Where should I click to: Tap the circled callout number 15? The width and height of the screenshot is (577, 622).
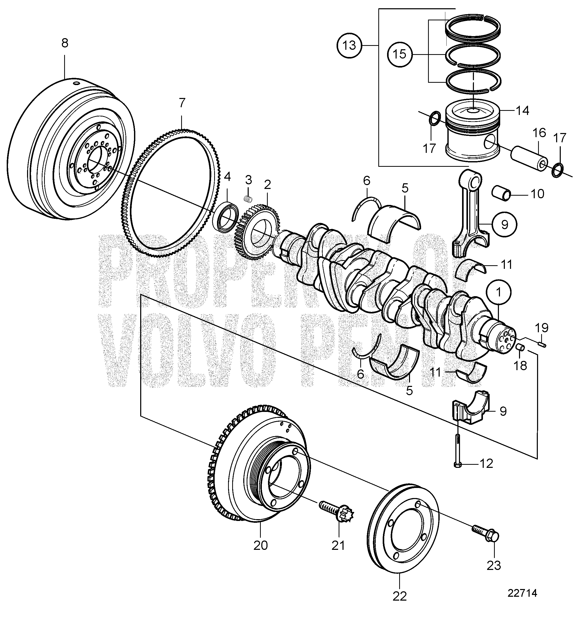point(400,55)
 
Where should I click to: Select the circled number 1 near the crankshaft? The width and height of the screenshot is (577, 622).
point(498,293)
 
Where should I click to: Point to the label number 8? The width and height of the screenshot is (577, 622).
point(65,43)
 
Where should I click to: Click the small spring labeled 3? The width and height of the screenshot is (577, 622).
point(248,198)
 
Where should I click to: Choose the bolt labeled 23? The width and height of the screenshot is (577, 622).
point(485,533)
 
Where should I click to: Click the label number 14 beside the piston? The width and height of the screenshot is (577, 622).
point(522,110)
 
